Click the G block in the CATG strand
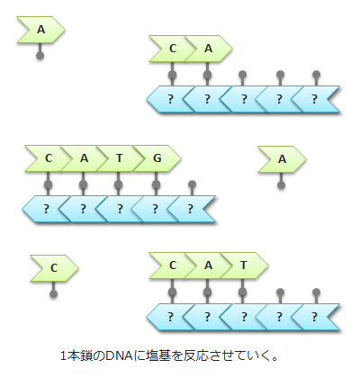(x=157, y=159)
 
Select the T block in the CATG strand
(x=120, y=159)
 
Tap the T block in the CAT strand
(x=243, y=265)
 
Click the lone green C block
(x=53, y=267)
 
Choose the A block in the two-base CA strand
(x=208, y=49)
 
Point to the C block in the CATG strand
(x=49, y=159)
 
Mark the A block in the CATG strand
(x=84, y=159)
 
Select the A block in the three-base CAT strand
(x=208, y=265)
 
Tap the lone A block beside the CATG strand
(x=282, y=159)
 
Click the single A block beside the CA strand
(x=40, y=31)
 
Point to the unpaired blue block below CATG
(x=191, y=209)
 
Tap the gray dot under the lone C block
(x=53, y=294)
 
